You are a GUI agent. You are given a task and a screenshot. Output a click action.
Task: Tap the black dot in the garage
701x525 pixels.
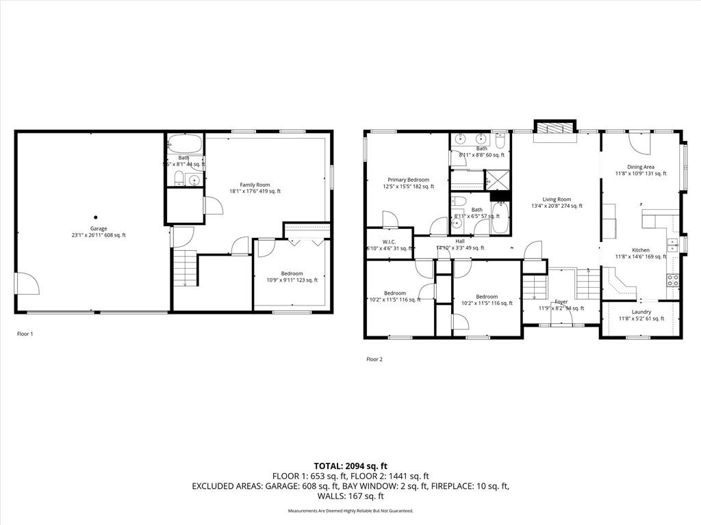coord(96,218)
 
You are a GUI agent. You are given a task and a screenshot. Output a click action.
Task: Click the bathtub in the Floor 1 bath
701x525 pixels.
coord(185,144)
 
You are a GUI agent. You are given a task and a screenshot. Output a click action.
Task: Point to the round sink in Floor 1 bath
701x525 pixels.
coord(194,181)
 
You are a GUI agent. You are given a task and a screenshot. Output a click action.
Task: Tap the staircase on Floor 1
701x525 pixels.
coord(184,268)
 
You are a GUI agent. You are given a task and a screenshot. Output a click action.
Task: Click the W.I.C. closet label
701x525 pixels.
coord(390,244)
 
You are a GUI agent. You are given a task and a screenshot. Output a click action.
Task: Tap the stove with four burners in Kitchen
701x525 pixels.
coord(673,280)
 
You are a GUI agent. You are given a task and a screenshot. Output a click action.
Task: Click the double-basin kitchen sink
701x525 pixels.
coord(672,245)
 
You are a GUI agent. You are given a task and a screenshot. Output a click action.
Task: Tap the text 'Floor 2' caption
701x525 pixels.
coord(374,359)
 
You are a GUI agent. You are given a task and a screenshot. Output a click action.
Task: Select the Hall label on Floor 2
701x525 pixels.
coord(459,241)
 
